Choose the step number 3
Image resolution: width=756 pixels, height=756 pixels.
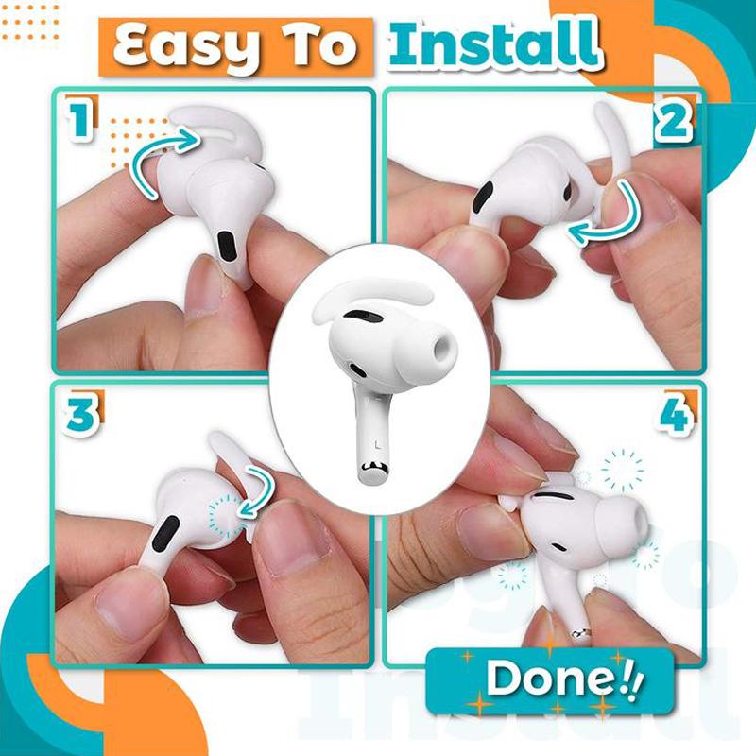[x=80, y=417]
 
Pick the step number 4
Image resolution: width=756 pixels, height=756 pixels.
[x=675, y=417]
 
